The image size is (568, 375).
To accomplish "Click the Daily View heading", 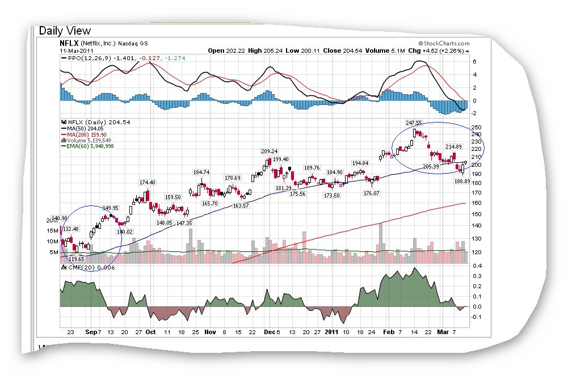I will tap(64, 31).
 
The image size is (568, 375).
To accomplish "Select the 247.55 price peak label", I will tap(414, 123).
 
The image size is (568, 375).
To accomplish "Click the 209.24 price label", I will tap(268, 151).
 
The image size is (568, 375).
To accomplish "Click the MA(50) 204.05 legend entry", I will tap(85, 128).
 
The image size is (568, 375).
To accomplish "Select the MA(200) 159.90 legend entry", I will tap(86, 134).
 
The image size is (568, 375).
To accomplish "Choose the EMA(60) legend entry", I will tap(87, 146).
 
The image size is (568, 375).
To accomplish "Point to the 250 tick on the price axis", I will tap(477, 127).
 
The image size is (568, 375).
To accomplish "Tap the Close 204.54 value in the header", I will tap(340, 50).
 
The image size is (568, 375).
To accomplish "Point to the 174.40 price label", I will tap(148, 182).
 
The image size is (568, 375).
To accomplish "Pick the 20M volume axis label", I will tap(52, 220).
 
